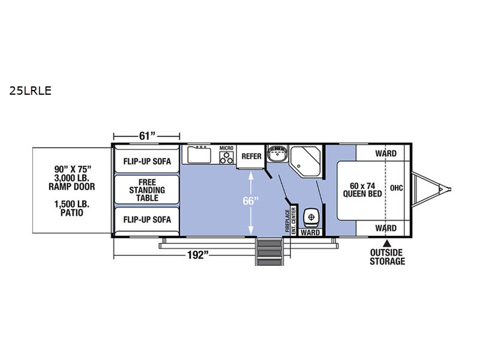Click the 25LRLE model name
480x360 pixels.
pyautogui.click(x=31, y=91)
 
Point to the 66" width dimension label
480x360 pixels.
pyautogui.click(x=251, y=201)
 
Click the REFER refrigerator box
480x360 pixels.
pyautogui.click(x=251, y=157)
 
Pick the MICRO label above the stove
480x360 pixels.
pyautogui.click(x=226, y=148)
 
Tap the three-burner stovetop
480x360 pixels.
pyautogui.click(x=227, y=158)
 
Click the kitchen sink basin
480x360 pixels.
pyautogui.click(x=199, y=155)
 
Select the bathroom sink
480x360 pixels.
pyautogui.click(x=278, y=154)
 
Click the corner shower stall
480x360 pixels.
pyautogui.click(x=305, y=161)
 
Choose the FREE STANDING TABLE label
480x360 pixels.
pyautogui.click(x=147, y=190)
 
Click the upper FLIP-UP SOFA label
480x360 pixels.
pyautogui.click(x=147, y=161)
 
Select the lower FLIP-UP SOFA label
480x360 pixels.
pyautogui.click(x=147, y=220)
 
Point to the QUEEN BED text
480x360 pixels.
pyautogui.click(x=362, y=194)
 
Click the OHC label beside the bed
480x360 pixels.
pyautogui.click(x=397, y=188)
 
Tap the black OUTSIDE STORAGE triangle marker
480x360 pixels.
pyautogui.click(x=387, y=244)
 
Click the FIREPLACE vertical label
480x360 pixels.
pyautogui.click(x=287, y=220)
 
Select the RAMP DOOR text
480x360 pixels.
pyautogui.click(x=71, y=187)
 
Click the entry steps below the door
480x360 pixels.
pyautogui.click(x=269, y=252)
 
